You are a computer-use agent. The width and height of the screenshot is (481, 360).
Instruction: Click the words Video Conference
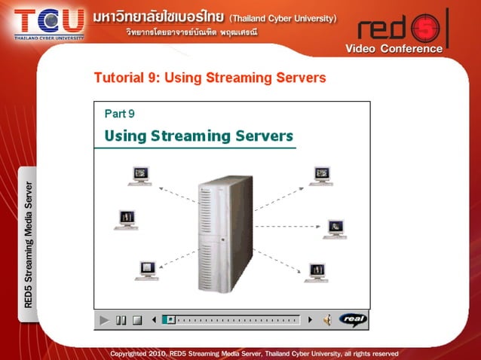394,49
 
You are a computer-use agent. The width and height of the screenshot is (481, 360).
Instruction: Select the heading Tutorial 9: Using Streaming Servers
210,78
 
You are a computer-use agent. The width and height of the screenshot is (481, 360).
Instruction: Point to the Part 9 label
119,114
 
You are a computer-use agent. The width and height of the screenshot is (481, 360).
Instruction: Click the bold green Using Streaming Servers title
198,136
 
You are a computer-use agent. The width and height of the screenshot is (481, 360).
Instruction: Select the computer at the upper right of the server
322,175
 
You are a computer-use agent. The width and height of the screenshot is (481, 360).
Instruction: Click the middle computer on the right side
335,228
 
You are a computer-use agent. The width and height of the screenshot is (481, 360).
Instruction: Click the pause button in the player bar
121,320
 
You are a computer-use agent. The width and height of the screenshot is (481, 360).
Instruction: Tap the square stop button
137,320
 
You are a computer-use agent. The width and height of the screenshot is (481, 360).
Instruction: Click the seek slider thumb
171,319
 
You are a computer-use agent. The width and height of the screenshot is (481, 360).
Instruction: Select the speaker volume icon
327,320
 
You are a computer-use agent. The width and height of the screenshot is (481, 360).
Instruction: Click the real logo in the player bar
352,319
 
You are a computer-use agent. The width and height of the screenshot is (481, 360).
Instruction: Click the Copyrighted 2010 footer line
254,352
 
